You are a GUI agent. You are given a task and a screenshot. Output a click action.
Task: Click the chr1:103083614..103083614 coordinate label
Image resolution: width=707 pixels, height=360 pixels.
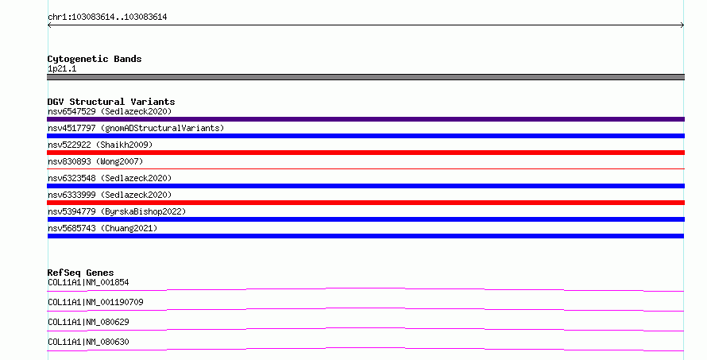point(107,17)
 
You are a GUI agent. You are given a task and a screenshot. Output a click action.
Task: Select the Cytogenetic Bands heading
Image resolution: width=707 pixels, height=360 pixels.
point(95,59)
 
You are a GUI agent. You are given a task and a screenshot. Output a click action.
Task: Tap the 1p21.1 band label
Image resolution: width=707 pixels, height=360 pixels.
point(62,68)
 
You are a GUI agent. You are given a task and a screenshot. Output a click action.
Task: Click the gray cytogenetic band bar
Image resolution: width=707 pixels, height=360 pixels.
point(365,77)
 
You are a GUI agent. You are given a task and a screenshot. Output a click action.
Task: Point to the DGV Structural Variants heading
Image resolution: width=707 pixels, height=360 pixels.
point(111,102)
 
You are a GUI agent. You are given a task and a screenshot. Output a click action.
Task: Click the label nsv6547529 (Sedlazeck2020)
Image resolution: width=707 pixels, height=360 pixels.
point(110,111)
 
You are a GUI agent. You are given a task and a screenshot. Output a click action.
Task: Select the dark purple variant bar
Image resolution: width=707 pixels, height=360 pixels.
point(365,119)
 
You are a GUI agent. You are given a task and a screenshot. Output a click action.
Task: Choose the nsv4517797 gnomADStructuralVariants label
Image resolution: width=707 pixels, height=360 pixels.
point(136,128)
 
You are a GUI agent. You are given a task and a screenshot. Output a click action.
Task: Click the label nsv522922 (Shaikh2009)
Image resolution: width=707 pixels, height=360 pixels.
point(100,145)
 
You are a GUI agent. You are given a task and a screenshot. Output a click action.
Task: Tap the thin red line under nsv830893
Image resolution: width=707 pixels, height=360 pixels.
point(365,168)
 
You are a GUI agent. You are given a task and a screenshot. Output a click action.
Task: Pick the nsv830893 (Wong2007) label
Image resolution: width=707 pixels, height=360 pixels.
point(95,161)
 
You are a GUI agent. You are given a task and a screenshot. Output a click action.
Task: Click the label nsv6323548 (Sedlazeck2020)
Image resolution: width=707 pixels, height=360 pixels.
point(110,178)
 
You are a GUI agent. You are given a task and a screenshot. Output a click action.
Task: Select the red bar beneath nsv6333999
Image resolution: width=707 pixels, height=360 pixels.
point(365,203)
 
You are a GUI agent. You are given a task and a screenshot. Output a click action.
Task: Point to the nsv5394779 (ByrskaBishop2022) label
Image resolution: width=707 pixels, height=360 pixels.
point(117,211)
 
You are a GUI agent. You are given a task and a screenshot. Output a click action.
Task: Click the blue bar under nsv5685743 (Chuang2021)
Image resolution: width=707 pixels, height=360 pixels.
point(365,236)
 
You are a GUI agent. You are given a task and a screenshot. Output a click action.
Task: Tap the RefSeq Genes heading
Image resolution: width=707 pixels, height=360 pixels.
point(80,273)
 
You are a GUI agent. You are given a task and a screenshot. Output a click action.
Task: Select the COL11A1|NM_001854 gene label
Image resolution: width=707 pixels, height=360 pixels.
point(88,282)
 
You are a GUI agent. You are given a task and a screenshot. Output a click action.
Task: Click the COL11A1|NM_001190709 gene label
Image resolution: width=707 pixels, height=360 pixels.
point(95,302)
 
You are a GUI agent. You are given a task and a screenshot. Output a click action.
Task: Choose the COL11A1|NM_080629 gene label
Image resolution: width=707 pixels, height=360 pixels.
point(88,322)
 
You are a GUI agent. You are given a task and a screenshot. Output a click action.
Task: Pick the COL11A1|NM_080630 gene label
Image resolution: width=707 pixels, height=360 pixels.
point(88,342)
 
